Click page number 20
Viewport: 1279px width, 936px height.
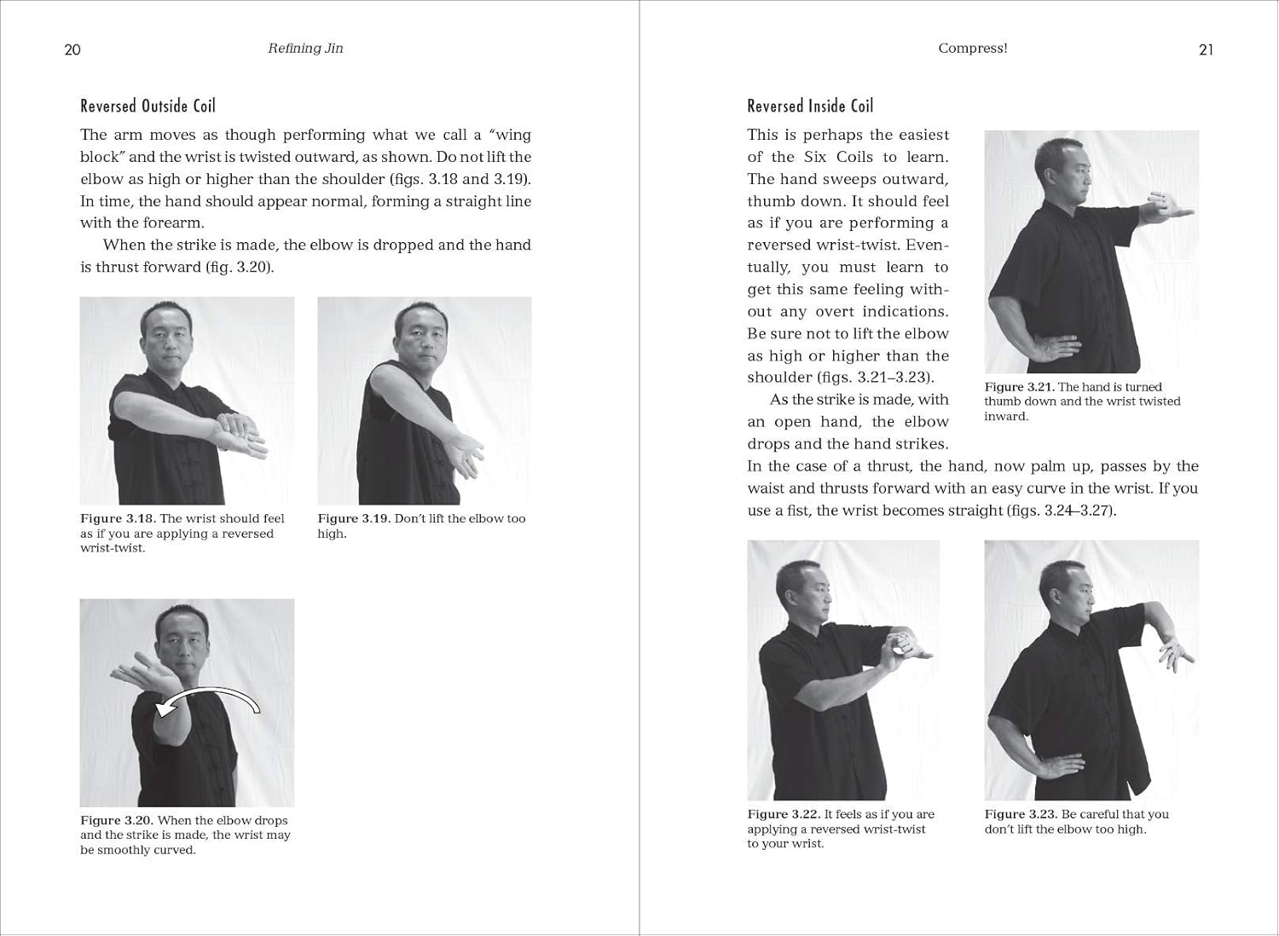tap(72, 49)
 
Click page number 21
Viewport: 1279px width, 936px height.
tap(1206, 49)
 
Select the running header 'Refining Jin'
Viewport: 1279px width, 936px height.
tap(305, 49)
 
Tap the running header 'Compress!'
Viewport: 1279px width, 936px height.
tap(972, 49)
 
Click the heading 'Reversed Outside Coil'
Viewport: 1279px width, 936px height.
tap(148, 106)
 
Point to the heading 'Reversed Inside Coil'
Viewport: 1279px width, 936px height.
tap(810, 106)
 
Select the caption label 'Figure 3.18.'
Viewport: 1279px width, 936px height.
tap(118, 518)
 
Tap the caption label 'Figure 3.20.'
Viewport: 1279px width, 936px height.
tap(117, 820)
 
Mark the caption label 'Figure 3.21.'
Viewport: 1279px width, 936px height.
tap(1019, 387)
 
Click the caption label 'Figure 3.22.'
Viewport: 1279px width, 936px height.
tap(784, 814)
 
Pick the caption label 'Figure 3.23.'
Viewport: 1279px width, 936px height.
tap(1021, 814)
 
